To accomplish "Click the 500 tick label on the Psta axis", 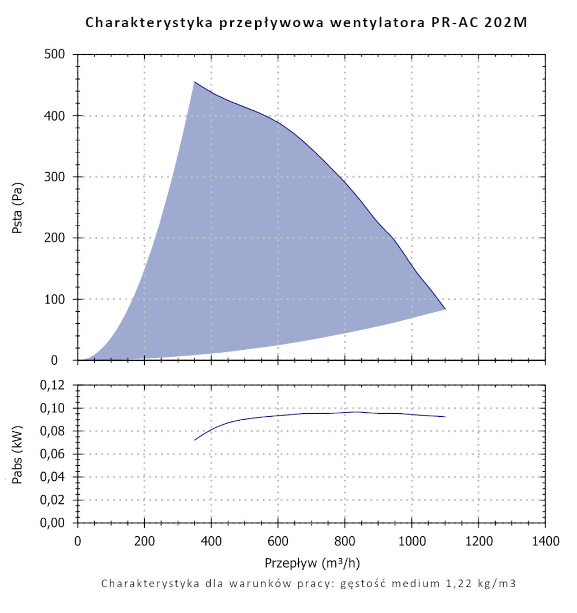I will tap(57, 55).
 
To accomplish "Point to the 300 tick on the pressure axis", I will tap(57, 177).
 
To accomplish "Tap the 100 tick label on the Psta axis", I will tap(57, 300).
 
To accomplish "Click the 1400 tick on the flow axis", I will tap(545, 541).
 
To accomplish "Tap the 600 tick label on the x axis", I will tap(278, 541).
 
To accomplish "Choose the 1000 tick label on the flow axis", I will tap(411, 541).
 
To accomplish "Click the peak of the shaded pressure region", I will tap(194, 82).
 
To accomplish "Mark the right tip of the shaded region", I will tap(445, 309).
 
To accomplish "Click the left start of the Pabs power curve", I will tap(194, 440).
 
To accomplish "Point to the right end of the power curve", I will tap(445, 417).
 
